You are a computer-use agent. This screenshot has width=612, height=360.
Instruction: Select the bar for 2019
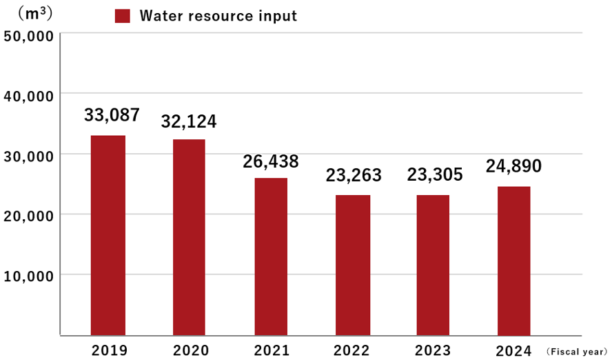coord(108,235)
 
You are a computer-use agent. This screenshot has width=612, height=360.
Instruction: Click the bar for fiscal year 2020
coord(188,237)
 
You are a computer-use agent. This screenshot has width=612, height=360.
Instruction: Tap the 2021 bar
coord(271,257)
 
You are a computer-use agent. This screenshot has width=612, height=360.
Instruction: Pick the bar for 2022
coord(353,265)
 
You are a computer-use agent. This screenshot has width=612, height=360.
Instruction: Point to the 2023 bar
coord(432,265)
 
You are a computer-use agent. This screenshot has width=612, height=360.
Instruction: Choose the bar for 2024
coord(513,261)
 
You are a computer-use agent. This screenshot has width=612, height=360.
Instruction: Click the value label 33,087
coord(112,115)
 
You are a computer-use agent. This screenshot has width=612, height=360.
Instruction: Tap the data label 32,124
coord(189,121)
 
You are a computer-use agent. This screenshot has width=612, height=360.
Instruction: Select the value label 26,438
coord(271,161)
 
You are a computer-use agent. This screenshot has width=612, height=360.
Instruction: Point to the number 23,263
coord(354,175)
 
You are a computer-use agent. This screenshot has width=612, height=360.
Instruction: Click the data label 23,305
coord(434,175)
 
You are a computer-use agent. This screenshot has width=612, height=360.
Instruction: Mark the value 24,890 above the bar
coord(513,166)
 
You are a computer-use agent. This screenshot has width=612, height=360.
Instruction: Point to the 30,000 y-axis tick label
coord(28,156)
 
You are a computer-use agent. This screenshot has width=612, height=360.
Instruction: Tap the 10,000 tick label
coord(28,277)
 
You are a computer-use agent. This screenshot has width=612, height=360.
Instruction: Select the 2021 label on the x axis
coord(272,350)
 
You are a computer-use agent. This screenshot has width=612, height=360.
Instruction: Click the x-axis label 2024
coord(514,350)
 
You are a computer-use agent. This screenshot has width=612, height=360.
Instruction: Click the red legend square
coord(122,16)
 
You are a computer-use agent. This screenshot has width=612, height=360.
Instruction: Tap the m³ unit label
coord(34,12)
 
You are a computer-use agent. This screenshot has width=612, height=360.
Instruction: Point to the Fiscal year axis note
coord(576,351)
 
